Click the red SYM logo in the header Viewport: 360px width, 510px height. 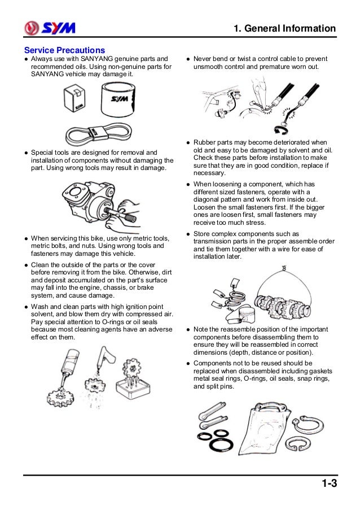point(50,28)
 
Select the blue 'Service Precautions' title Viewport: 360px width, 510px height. point(64,50)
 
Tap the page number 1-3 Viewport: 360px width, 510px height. point(330,483)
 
